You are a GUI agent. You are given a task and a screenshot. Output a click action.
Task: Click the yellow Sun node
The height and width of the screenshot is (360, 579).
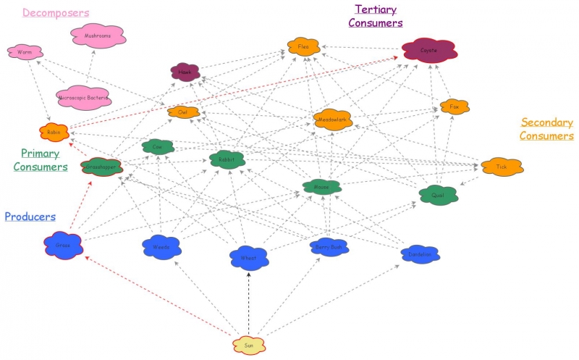coord(249,345)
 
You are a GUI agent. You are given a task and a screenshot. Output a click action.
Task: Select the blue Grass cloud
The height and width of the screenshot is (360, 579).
coord(63,246)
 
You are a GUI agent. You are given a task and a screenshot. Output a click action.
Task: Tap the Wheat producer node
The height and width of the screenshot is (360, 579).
coord(249,257)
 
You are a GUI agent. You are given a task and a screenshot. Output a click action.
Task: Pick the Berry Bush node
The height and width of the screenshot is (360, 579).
coord(330,247)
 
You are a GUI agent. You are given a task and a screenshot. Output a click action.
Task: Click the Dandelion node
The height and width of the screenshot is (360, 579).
coord(420,254)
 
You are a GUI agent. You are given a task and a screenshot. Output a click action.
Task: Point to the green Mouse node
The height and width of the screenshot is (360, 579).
coord(321,187)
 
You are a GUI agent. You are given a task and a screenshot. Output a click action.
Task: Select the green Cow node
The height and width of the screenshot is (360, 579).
coord(158,147)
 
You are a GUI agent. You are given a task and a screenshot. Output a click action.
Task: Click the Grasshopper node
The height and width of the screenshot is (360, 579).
coord(101,167)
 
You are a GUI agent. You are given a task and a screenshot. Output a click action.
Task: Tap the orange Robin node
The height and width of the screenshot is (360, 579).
coord(54,133)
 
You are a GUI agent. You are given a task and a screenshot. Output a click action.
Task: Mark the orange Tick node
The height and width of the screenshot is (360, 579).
coord(502,167)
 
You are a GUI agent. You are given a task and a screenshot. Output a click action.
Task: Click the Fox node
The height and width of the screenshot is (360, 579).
coord(455,106)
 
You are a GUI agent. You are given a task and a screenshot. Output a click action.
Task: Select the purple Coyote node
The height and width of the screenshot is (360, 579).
coord(429,50)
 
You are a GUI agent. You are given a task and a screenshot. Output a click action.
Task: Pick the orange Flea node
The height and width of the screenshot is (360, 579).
coord(303,48)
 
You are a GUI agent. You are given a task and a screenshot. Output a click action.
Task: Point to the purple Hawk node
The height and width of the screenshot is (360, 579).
coord(185,72)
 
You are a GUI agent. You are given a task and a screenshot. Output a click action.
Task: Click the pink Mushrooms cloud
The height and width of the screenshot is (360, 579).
coord(98,35)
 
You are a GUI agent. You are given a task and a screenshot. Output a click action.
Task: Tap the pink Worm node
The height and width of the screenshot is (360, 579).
coord(25,52)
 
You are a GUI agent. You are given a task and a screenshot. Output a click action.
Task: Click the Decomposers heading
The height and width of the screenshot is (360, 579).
coord(56,13)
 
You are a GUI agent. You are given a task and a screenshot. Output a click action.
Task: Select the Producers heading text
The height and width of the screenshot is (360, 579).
coord(30,217)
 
